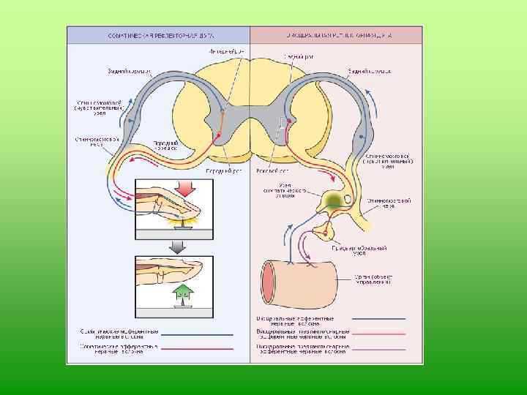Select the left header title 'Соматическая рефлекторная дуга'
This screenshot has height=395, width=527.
click(158, 34)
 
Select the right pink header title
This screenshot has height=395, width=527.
click(336, 34)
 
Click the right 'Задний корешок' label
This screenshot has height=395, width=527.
click(370, 72)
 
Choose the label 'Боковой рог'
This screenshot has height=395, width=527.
click(270, 171)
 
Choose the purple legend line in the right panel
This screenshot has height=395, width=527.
click(378, 347)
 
